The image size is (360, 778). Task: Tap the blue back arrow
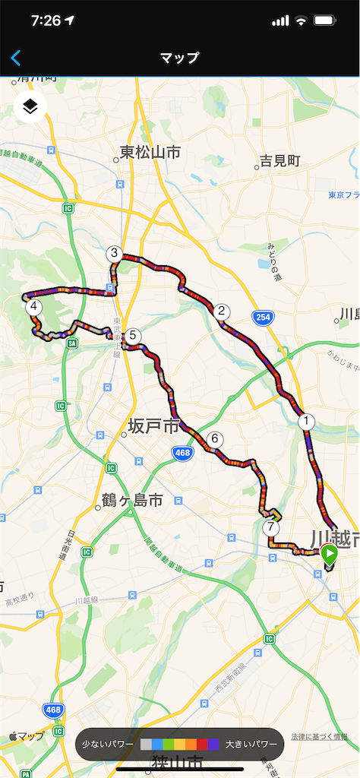point(16,58)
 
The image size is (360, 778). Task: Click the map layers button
point(30,106)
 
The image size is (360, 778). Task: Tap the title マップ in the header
point(180,58)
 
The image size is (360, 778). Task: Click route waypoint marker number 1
point(306,419)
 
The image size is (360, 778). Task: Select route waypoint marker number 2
point(222,311)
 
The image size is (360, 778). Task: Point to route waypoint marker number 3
point(114,254)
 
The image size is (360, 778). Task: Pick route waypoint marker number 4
point(33,308)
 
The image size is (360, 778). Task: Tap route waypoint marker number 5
point(132,335)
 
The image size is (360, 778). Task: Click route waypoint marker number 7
point(270,527)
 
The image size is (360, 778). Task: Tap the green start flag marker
point(328,554)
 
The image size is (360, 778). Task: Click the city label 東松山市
point(150,153)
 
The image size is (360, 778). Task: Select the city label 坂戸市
point(153,425)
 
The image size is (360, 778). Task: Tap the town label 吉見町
point(280,161)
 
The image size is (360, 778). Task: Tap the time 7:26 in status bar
point(46,21)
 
